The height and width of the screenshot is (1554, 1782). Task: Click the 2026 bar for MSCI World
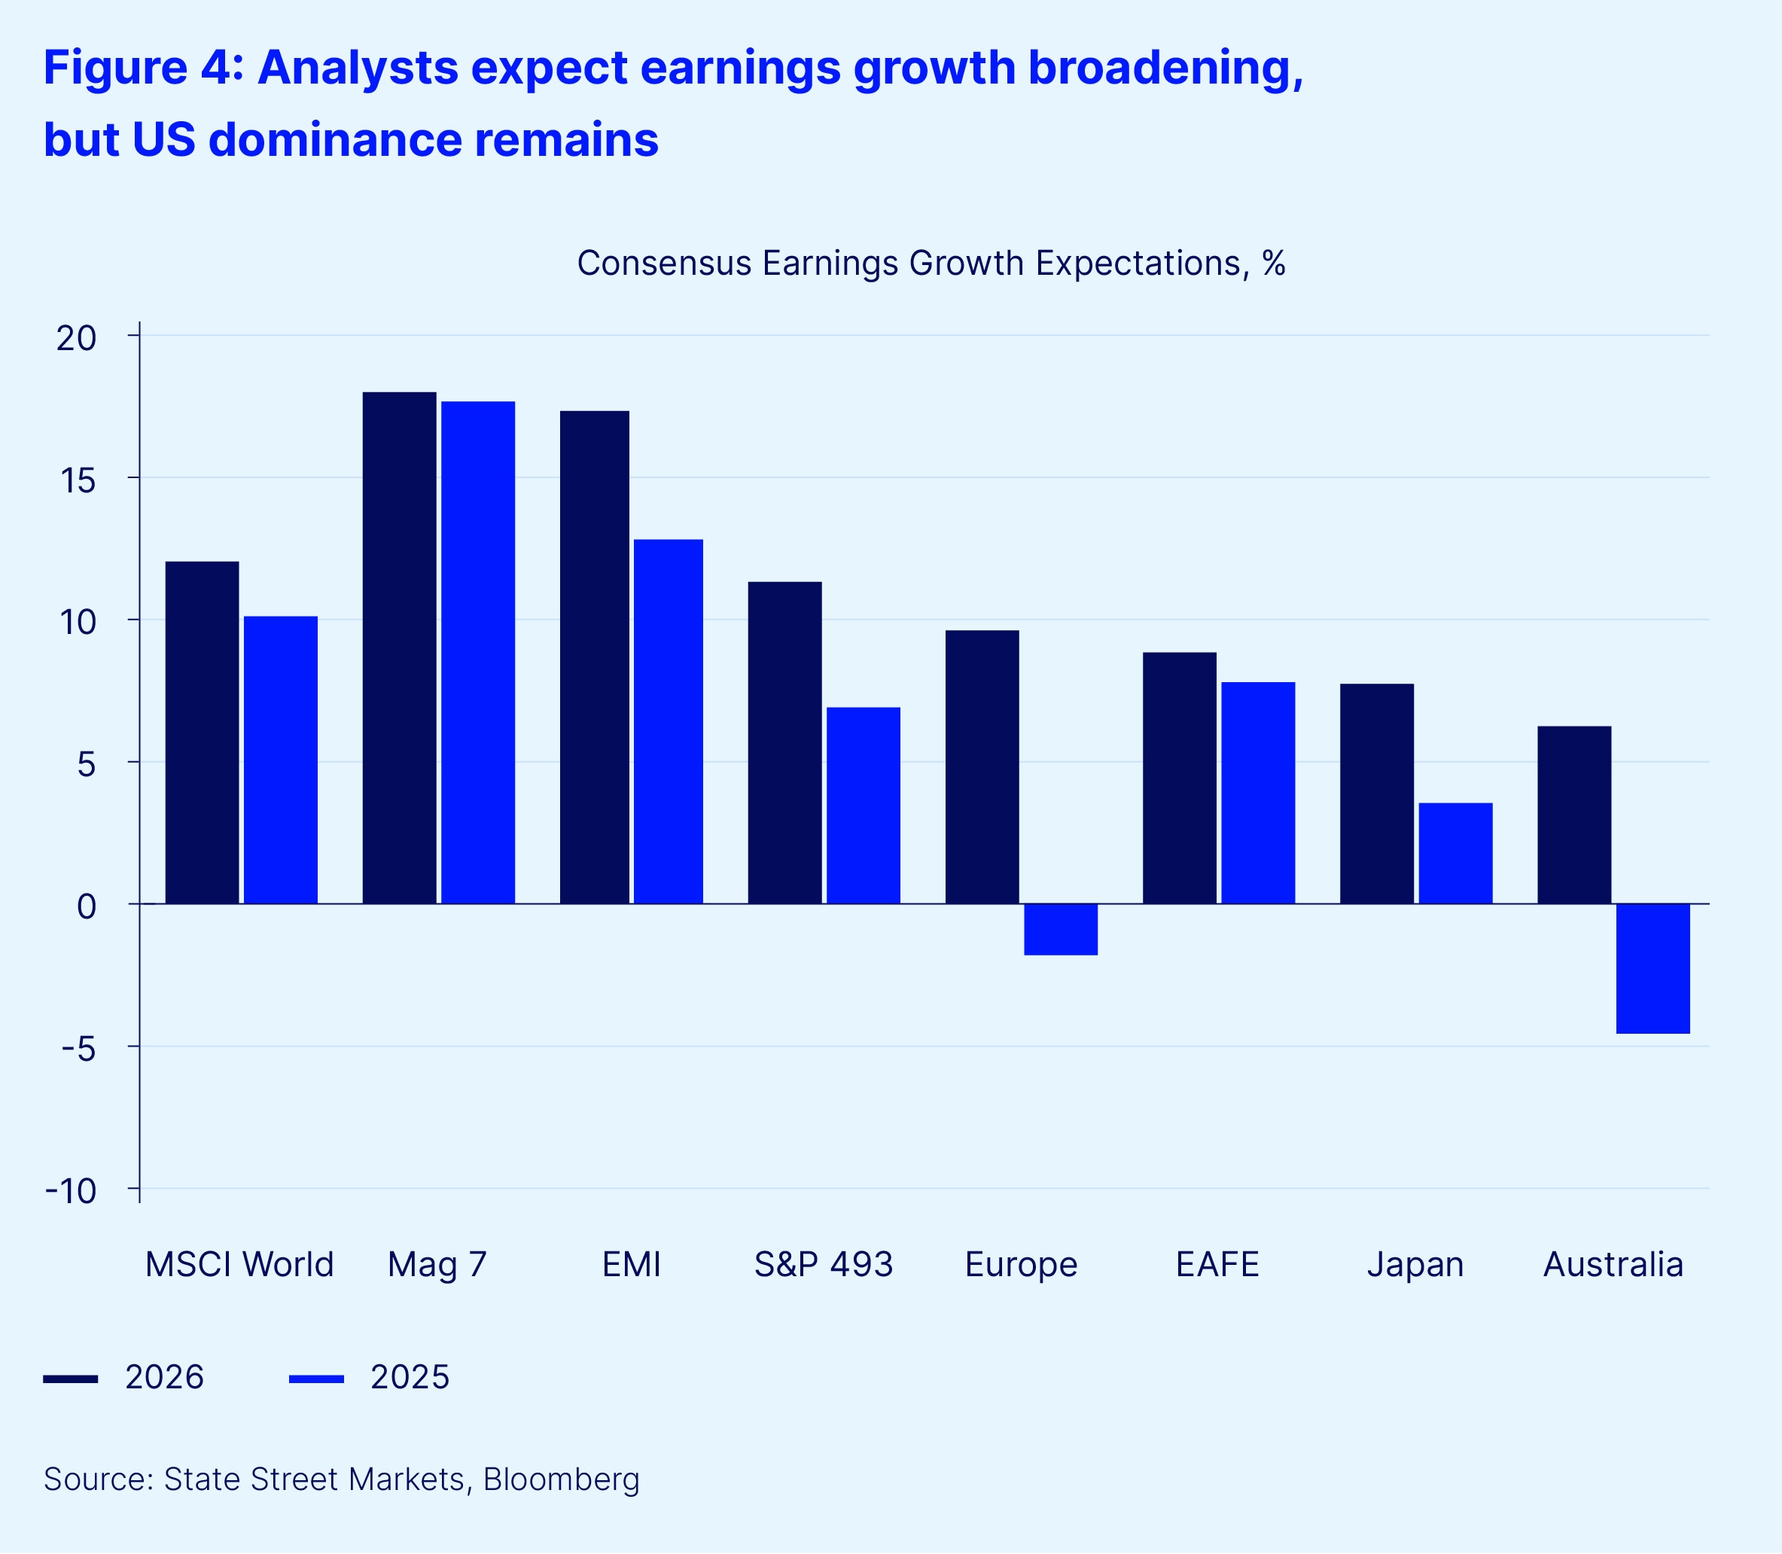(202, 733)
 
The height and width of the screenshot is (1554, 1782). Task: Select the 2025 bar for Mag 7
(478, 652)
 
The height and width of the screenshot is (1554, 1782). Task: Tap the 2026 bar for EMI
(594, 657)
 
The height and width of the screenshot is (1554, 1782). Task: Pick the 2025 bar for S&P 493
(863, 806)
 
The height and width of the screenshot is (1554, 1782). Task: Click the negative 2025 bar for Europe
(1061, 930)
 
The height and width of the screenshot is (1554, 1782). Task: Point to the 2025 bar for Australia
(1653, 969)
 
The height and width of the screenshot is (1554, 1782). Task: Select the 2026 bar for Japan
(1377, 794)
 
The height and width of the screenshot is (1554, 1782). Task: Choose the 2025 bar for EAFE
(1258, 793)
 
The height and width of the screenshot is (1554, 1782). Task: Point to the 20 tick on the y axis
(76, 337)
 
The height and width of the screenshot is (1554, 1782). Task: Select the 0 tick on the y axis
(86, 907)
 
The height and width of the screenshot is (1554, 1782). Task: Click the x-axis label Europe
(1021, 1265)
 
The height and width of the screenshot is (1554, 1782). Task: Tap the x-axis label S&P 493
(823, 1265)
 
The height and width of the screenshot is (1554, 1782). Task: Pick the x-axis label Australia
(1613, 1265)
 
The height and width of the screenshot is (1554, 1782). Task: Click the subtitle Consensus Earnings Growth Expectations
(931, 264)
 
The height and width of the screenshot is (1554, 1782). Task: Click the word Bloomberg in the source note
(561, 1479)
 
